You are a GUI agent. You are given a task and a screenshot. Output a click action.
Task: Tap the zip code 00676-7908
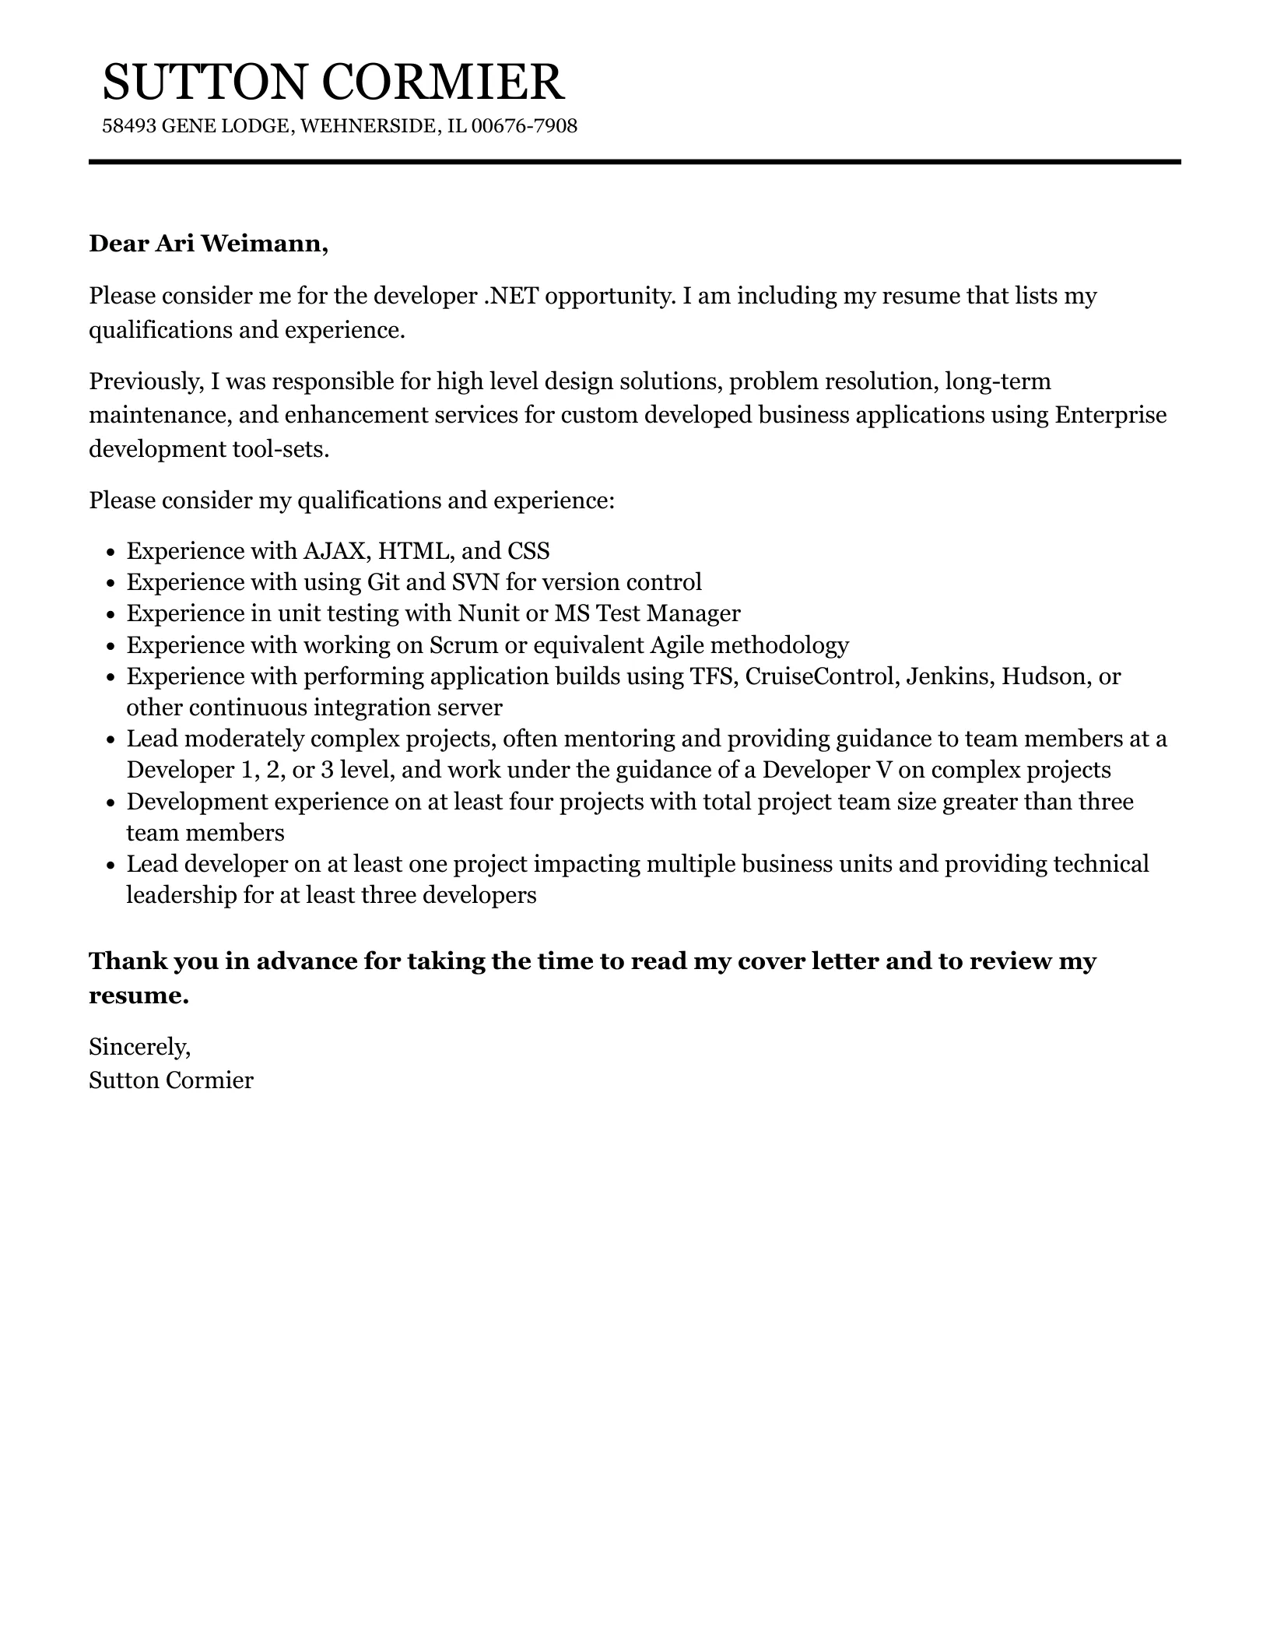tap(524, 126)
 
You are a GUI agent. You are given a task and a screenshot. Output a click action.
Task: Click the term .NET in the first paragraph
tap(510, 296)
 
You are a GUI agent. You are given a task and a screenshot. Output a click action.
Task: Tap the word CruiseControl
tap(819, 676)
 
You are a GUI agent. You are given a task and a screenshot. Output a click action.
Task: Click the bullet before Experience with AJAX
tap(111, 553)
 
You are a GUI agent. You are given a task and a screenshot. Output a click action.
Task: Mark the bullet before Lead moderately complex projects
tap(111, 740)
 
